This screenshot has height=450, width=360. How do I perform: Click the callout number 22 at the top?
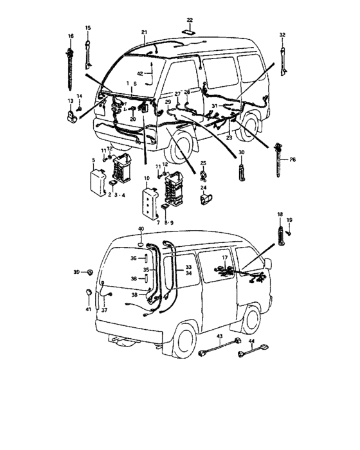(190, 21)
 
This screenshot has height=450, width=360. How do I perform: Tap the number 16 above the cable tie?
(71, 35)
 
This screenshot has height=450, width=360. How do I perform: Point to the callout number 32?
(282, 34)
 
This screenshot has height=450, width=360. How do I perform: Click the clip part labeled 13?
(71, 116)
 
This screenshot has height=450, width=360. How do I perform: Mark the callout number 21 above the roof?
(144, 32)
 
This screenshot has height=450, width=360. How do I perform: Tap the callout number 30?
(242, 152)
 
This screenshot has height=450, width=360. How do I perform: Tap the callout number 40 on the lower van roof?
(141, 229)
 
